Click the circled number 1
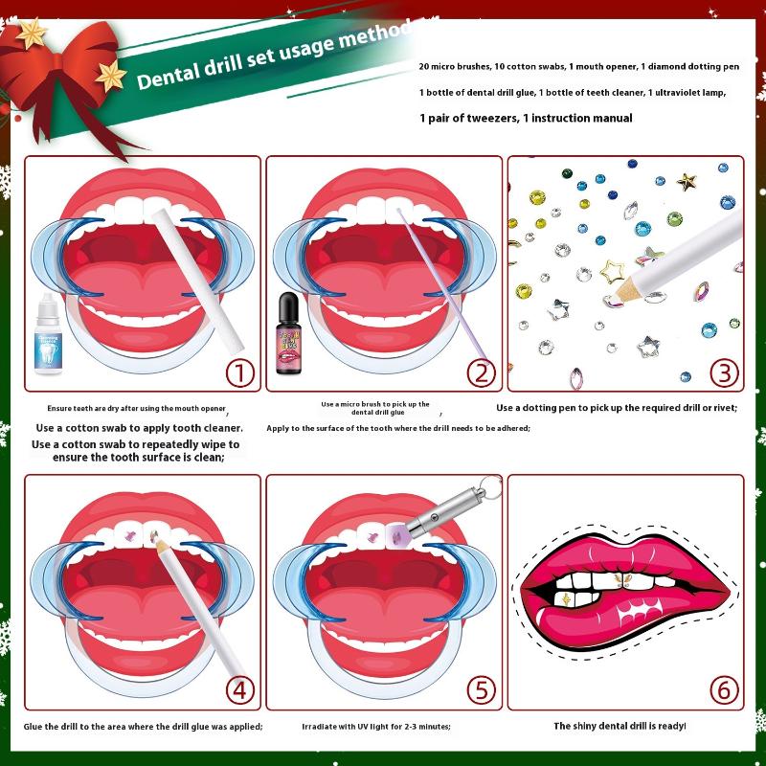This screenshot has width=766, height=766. (240, 373)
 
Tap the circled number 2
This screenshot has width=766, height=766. (482, 373)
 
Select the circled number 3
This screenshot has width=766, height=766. (724, 373)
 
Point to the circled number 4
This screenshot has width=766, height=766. (240, 690)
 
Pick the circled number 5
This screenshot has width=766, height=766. (482, 690)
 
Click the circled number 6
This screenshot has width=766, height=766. (724, 690)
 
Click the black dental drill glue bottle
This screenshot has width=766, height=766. (289, 333)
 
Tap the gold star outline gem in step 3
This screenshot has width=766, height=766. (612, 272)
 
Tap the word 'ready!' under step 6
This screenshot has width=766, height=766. (672, 726)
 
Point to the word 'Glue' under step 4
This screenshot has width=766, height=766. (34, 727)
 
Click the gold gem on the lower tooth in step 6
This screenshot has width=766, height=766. (566, 598)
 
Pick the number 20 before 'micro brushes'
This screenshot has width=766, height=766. (423, 66)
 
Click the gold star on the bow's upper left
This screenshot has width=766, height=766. (32, 34)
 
